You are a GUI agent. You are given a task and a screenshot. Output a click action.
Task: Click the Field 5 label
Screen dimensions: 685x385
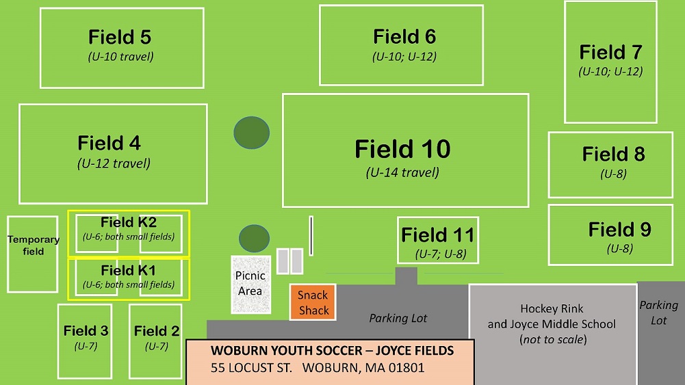[x=120, y=37]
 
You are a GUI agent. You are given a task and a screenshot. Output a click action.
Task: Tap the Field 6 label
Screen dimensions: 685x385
[x=404, y=37]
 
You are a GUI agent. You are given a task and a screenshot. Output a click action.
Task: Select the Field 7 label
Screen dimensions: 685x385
[x=610, y=53]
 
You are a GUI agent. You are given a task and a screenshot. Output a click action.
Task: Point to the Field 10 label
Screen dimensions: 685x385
[x=402, y=149]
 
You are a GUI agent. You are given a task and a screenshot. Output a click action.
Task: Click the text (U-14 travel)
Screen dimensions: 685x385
[x=402, y=173]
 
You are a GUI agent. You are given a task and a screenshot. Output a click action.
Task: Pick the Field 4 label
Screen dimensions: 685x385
[x=109, y=143]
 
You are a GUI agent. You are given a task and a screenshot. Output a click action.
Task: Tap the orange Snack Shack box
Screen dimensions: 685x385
[x=313, y=302]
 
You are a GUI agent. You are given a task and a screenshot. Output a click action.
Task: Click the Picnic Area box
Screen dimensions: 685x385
[x=250, y=284]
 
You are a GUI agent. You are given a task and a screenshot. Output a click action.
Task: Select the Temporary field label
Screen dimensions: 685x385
[x=34, y=245]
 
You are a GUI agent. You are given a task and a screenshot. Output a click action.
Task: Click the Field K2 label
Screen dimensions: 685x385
[x=129, y=222]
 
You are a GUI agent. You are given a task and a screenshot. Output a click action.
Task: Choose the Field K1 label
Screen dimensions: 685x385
[x=129, y=271]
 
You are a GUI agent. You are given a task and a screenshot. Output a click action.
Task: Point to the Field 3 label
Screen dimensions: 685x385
[x=86, y=331]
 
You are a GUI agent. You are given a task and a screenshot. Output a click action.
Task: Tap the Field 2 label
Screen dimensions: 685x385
[x=157, y=331]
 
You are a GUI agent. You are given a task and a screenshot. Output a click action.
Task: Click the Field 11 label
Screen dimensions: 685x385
[x=438, y=235]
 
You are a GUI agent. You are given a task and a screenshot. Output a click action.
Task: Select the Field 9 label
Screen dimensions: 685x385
[x=619, y=230]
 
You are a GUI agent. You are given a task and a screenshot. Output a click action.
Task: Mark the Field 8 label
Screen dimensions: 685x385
[x=613, y=154]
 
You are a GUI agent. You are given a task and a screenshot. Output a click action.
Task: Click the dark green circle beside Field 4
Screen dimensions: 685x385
[x=252, y=133]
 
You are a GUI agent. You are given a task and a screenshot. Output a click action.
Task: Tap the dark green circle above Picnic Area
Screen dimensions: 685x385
[x=254, y=239]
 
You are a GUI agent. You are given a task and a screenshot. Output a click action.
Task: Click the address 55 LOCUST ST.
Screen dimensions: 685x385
[x=251, y=368]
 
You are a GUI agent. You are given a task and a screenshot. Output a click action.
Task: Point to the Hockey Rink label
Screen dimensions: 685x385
[x=552, y=309]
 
